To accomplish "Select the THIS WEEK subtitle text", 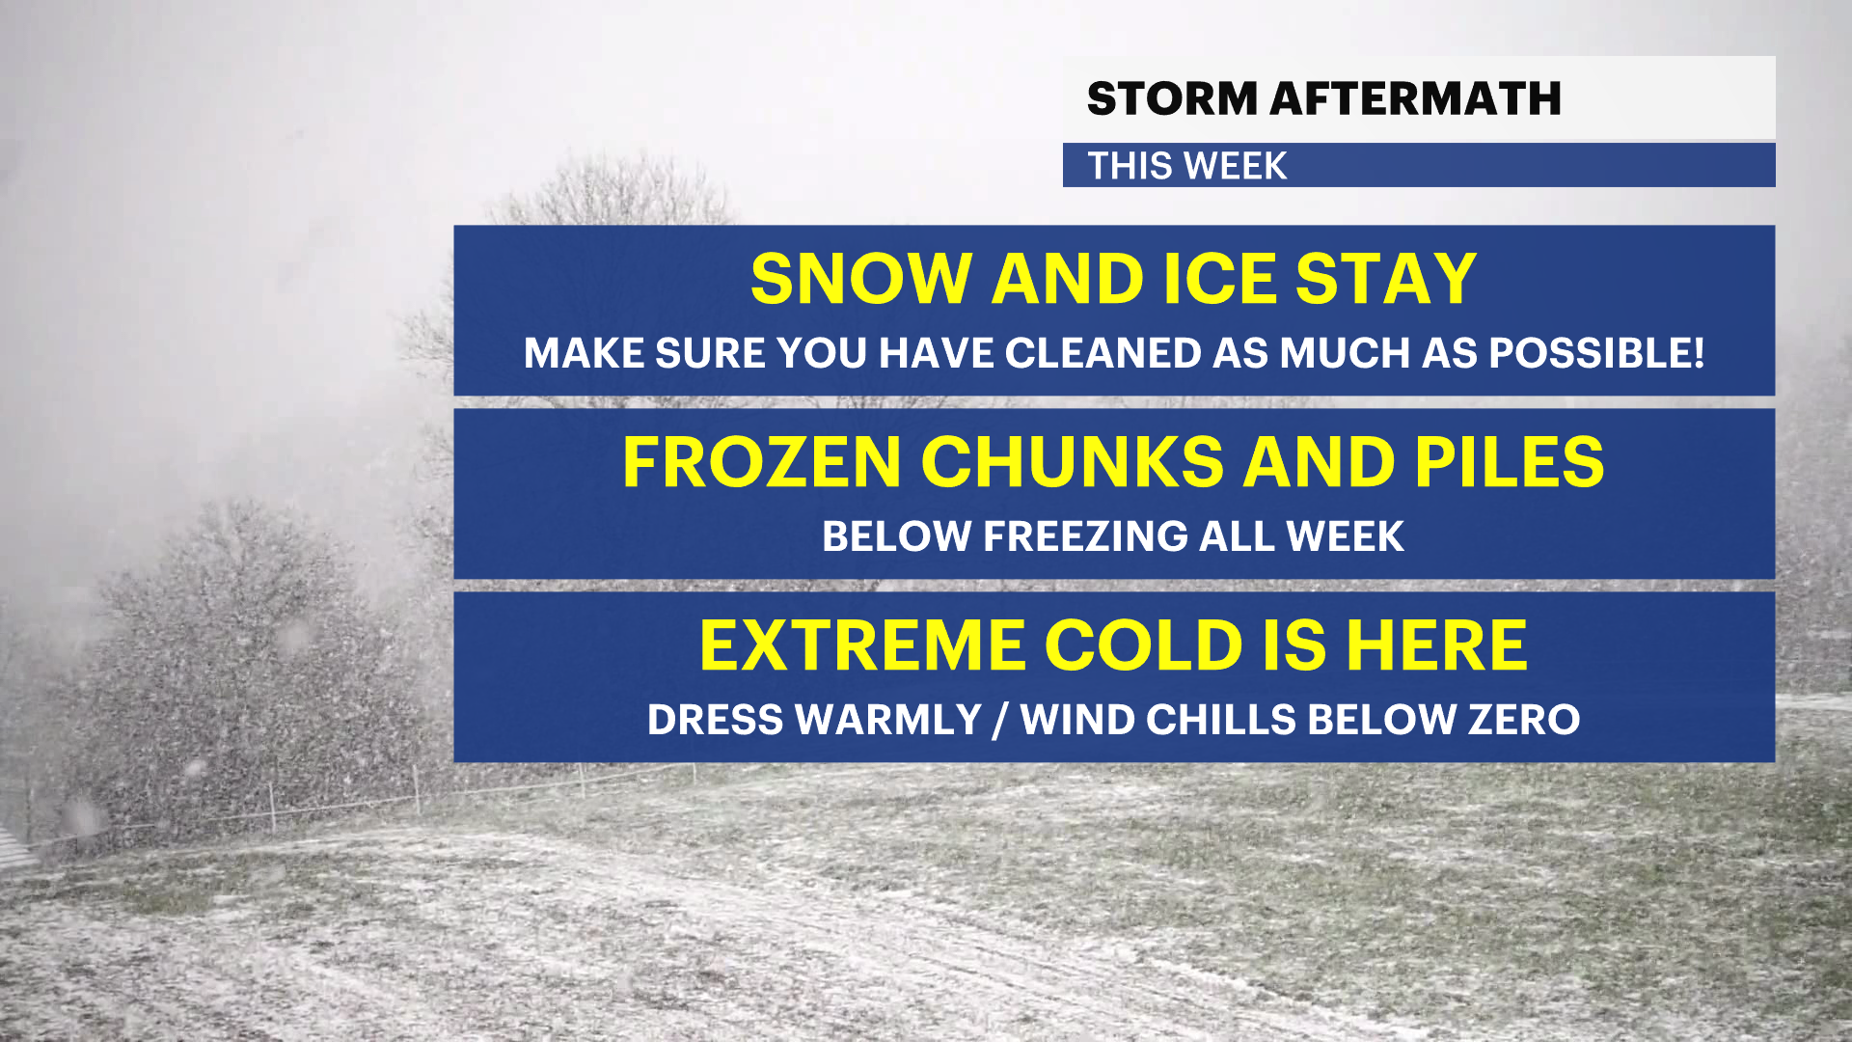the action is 1187,166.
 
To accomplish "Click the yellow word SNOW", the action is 860,279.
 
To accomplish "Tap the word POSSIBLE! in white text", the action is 1596,353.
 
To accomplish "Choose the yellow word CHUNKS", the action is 1073,462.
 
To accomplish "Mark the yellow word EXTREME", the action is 862,645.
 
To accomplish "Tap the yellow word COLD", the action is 1144,645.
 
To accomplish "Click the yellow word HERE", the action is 1436,645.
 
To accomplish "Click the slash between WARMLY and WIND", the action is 1000,720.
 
